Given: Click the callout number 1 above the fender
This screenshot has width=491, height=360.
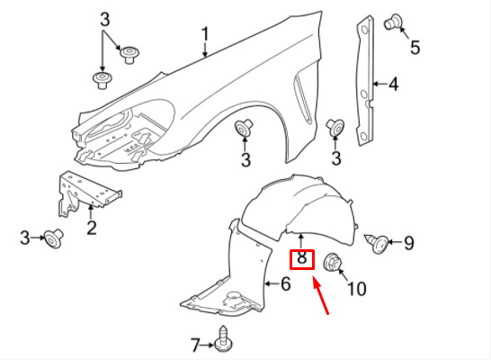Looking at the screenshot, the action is pyautogui.click(x=205, y=34).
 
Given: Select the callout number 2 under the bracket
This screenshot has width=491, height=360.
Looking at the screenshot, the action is pyautogui.click(x=92, y=228).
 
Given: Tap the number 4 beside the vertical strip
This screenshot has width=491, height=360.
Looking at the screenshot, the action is pyautogui.click(x=393, y=84).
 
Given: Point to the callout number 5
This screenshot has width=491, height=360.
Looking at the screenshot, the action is pyautogui.click(x=415, y=48).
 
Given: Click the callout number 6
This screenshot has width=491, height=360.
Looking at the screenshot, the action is pyautogui.click(x=286, y=283).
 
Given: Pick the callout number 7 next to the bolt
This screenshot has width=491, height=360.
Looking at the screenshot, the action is pyautogui.click(x=195, y=345).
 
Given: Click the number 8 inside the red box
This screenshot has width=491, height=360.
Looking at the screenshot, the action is pyautogui.click(x=301, y=258).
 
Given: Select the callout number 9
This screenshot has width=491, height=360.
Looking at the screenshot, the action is pyautogui.click(x=408, y=242).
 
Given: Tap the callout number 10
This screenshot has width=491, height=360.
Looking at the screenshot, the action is pyautogui.click(x=357, y=289).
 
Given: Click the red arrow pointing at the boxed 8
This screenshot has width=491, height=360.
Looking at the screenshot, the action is pyautogui.click(x=320, y=295).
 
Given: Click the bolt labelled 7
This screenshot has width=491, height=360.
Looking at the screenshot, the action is pyautogui.click(x=223, y=338).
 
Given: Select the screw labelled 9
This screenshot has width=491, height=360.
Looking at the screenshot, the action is pyautogui.click(x=377, y=243).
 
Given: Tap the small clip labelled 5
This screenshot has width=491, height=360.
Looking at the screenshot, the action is pyautogui.click(x=393, y=22).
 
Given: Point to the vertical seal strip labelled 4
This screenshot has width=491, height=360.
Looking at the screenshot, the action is pyautogui.click(x=365, y=81).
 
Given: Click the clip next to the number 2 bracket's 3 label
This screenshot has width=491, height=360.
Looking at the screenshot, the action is pyautogui.click(x=53, y=238).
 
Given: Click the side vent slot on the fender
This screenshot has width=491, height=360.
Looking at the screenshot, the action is pyautogui.click(x=303, y=99).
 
